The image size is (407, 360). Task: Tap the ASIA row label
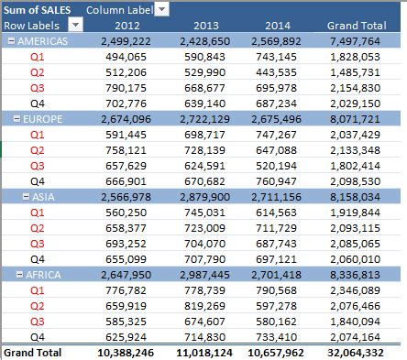[43, 195]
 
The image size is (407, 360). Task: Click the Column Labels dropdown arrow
[161, 9]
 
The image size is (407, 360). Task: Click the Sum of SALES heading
[38, 9]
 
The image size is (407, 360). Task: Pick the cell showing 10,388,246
[130, 352]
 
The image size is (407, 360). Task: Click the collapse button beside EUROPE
[16, 119]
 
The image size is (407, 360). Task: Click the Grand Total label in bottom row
[33, 352]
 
